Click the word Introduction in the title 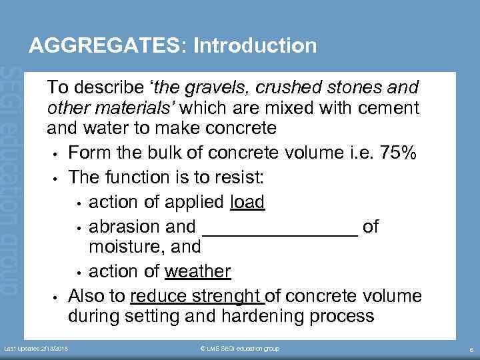tap(255, 46)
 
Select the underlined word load tap(247, 202)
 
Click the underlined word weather tap(197, 271)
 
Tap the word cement tap(386, 107)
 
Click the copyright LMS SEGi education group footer tap(239, 349)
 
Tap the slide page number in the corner tap(471, 349)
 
